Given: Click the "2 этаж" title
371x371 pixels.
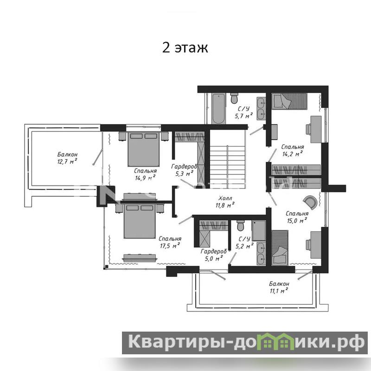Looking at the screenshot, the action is point(185,48).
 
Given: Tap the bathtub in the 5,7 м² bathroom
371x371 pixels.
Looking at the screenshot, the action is point(218,109).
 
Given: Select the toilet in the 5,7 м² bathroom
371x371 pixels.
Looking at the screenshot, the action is point(234,98).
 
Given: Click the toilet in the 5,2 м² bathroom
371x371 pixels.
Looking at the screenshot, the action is point(241,225).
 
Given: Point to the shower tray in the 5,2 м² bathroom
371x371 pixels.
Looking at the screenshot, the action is point(259,230).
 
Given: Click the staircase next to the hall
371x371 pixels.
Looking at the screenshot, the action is point(227,165).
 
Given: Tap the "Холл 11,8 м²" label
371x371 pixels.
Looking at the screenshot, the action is point(225,202).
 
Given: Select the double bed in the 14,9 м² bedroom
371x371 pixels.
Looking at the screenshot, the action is point(144,149).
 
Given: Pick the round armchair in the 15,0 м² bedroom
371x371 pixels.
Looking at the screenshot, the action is point(311,202).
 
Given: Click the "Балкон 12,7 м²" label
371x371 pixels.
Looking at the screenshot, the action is point(67,158).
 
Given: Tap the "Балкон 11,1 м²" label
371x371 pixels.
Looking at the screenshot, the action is point(279,287).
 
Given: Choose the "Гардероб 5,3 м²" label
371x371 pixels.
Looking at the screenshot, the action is point(184,170).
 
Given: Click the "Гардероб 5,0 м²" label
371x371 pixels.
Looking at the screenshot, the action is point(214,255).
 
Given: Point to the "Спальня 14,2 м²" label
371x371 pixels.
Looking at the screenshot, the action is point(293,150).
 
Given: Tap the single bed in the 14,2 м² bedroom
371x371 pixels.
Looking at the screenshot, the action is point(289,101).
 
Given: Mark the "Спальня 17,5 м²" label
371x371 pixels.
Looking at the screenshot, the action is point(170,242).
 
